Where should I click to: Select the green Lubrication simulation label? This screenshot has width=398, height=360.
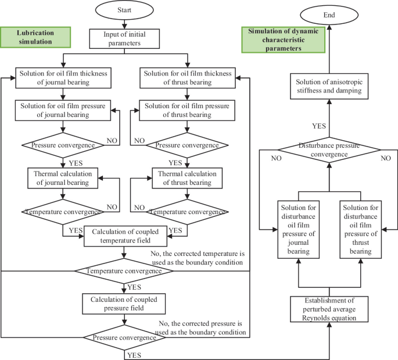point(36,37)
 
